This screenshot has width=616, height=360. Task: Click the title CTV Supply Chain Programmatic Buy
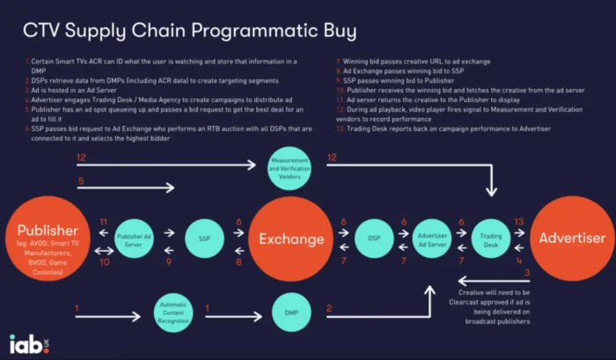click(x=189, y=32)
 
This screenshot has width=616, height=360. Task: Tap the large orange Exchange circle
click(x=291, y=239)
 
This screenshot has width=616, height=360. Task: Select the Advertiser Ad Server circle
click(x=433, y=239)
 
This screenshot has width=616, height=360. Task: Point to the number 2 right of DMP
click(x=329, y=307)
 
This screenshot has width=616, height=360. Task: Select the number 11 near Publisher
click(x=103, y=222)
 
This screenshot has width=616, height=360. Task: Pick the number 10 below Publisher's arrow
click(x=103, y=261)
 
